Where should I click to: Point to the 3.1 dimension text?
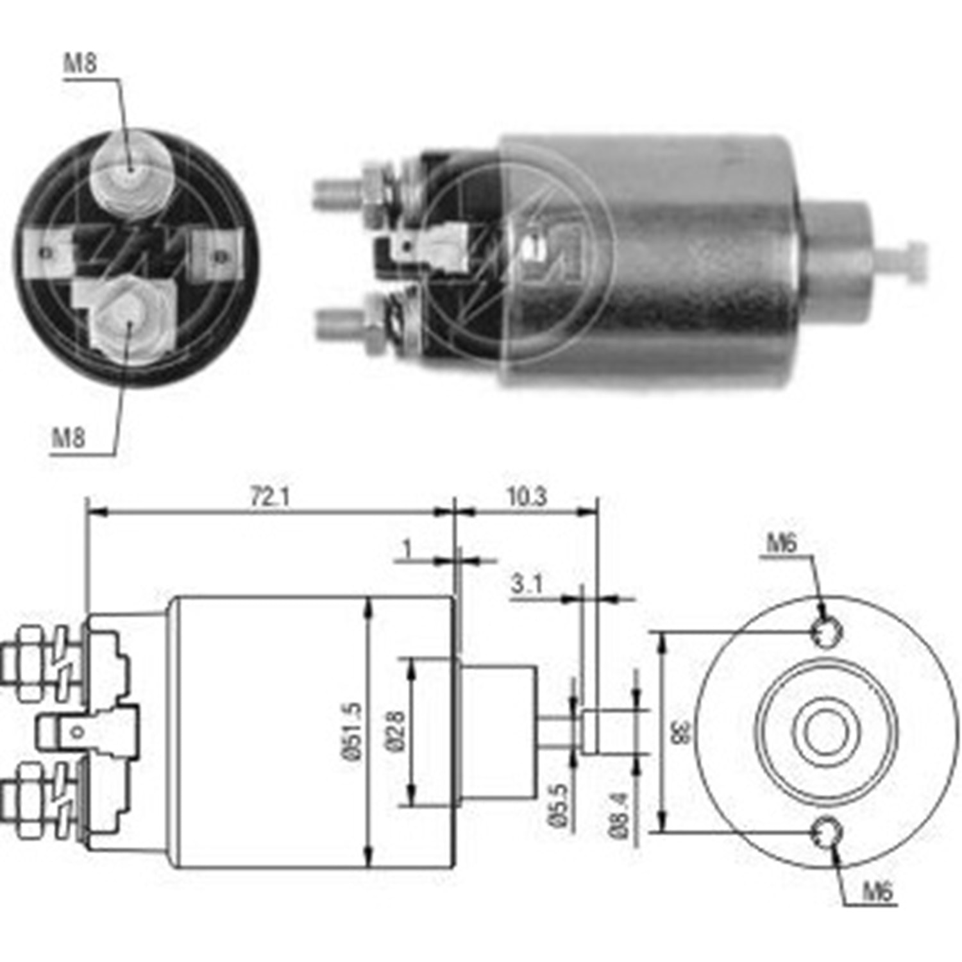[x=527, y=584]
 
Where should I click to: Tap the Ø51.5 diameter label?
[x=353, y=732]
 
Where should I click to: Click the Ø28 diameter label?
[x=396, y=730]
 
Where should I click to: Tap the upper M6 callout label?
[x=781, y=544]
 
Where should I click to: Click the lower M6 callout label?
[x=877, y=891]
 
